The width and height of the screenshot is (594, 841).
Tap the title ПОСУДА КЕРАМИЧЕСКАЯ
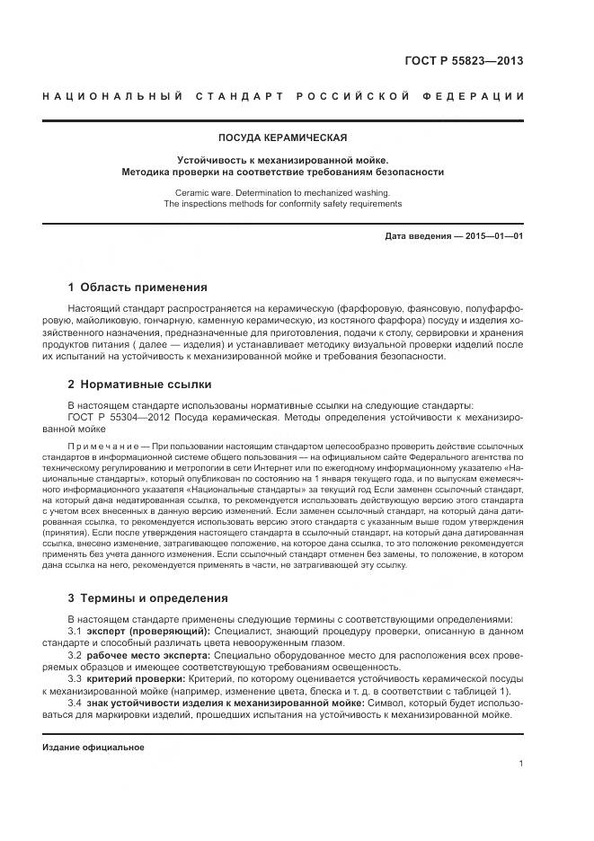pos(282,137)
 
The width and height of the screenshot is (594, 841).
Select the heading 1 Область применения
pos(137,288)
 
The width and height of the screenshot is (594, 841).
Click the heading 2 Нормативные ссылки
pos(139,384)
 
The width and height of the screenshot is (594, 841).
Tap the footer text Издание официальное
pos(93,747)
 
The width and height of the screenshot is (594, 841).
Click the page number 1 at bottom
pos(520,765)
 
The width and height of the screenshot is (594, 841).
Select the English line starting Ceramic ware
pos(282,192)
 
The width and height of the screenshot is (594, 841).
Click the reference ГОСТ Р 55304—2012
pos(118,417)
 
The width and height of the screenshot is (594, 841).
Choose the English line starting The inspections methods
pos(282,204)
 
